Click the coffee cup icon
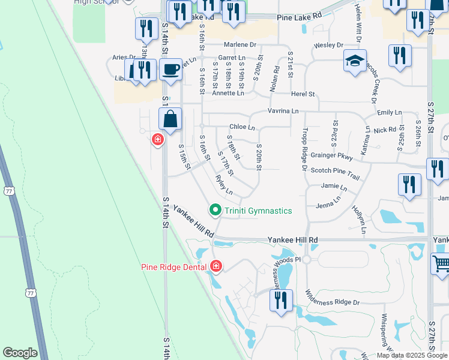[171, 70]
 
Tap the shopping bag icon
[171, 119]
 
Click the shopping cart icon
[441, 264]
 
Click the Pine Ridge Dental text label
[173, 267]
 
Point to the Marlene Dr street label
[240, 45]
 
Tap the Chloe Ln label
[243, 127]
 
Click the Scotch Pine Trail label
[335, 170]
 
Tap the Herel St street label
[303, 94]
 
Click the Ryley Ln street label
[224, 184]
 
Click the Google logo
[20, 352]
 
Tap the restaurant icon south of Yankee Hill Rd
[280, 301]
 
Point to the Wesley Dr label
[329, 46]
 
